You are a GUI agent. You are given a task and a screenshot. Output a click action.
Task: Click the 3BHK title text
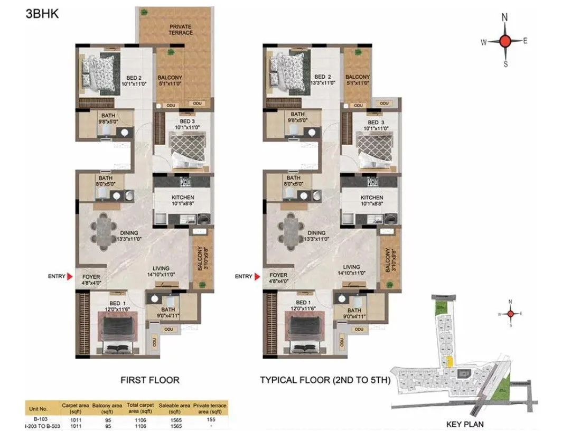pos(42,14)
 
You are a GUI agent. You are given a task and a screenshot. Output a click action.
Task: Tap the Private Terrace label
pos(181,29)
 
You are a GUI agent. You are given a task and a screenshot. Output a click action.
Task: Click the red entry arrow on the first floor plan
pos(69,276)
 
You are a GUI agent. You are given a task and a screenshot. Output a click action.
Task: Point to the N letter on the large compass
pos(505,17)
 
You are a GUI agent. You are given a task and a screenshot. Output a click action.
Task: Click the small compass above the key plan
pos(510,313)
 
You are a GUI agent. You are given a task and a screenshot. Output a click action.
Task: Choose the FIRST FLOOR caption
pos(150,380)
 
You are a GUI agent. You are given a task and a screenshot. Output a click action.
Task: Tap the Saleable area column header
pos(173,408)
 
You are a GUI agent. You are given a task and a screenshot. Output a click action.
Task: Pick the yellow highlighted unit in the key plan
pos(450,362)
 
